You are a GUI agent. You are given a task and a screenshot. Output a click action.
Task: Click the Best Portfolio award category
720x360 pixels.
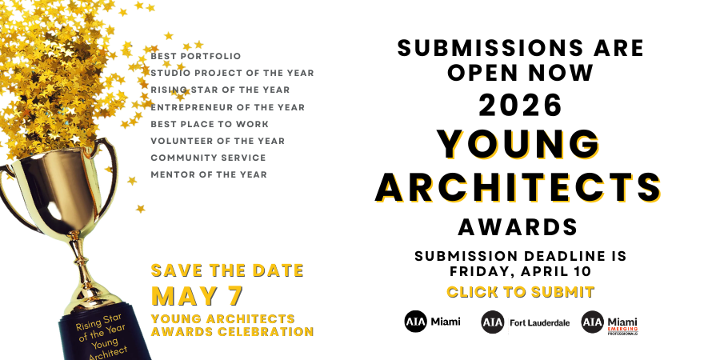(195, 56)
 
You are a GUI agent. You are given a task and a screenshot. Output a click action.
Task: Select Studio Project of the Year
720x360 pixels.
(232, 73)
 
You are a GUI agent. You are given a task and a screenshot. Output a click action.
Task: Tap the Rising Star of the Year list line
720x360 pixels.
(220, 90)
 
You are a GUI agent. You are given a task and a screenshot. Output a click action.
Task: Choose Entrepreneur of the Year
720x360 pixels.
(227, 106)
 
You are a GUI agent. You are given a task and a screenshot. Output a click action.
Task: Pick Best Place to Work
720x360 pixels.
(210, 124)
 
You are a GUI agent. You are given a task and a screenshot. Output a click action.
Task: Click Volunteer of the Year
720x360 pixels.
(218, 141)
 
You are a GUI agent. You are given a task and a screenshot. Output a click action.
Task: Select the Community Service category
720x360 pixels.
(208, 158)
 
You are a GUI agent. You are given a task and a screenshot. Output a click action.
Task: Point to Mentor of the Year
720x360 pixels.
(209, 174)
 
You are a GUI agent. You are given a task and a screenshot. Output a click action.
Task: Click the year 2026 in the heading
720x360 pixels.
(521, 106)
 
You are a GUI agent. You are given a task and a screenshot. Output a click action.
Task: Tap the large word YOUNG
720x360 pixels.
(520, 145)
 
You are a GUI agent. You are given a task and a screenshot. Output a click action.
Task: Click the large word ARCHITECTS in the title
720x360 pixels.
(520, 186)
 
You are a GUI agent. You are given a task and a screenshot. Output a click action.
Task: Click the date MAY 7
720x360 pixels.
(197, 296)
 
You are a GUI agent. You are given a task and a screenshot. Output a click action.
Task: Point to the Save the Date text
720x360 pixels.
(228, 270)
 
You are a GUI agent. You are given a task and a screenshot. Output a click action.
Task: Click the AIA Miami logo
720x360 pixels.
(433, 322)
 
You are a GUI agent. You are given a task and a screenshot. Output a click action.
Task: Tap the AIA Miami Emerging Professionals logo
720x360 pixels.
(610, 322)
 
